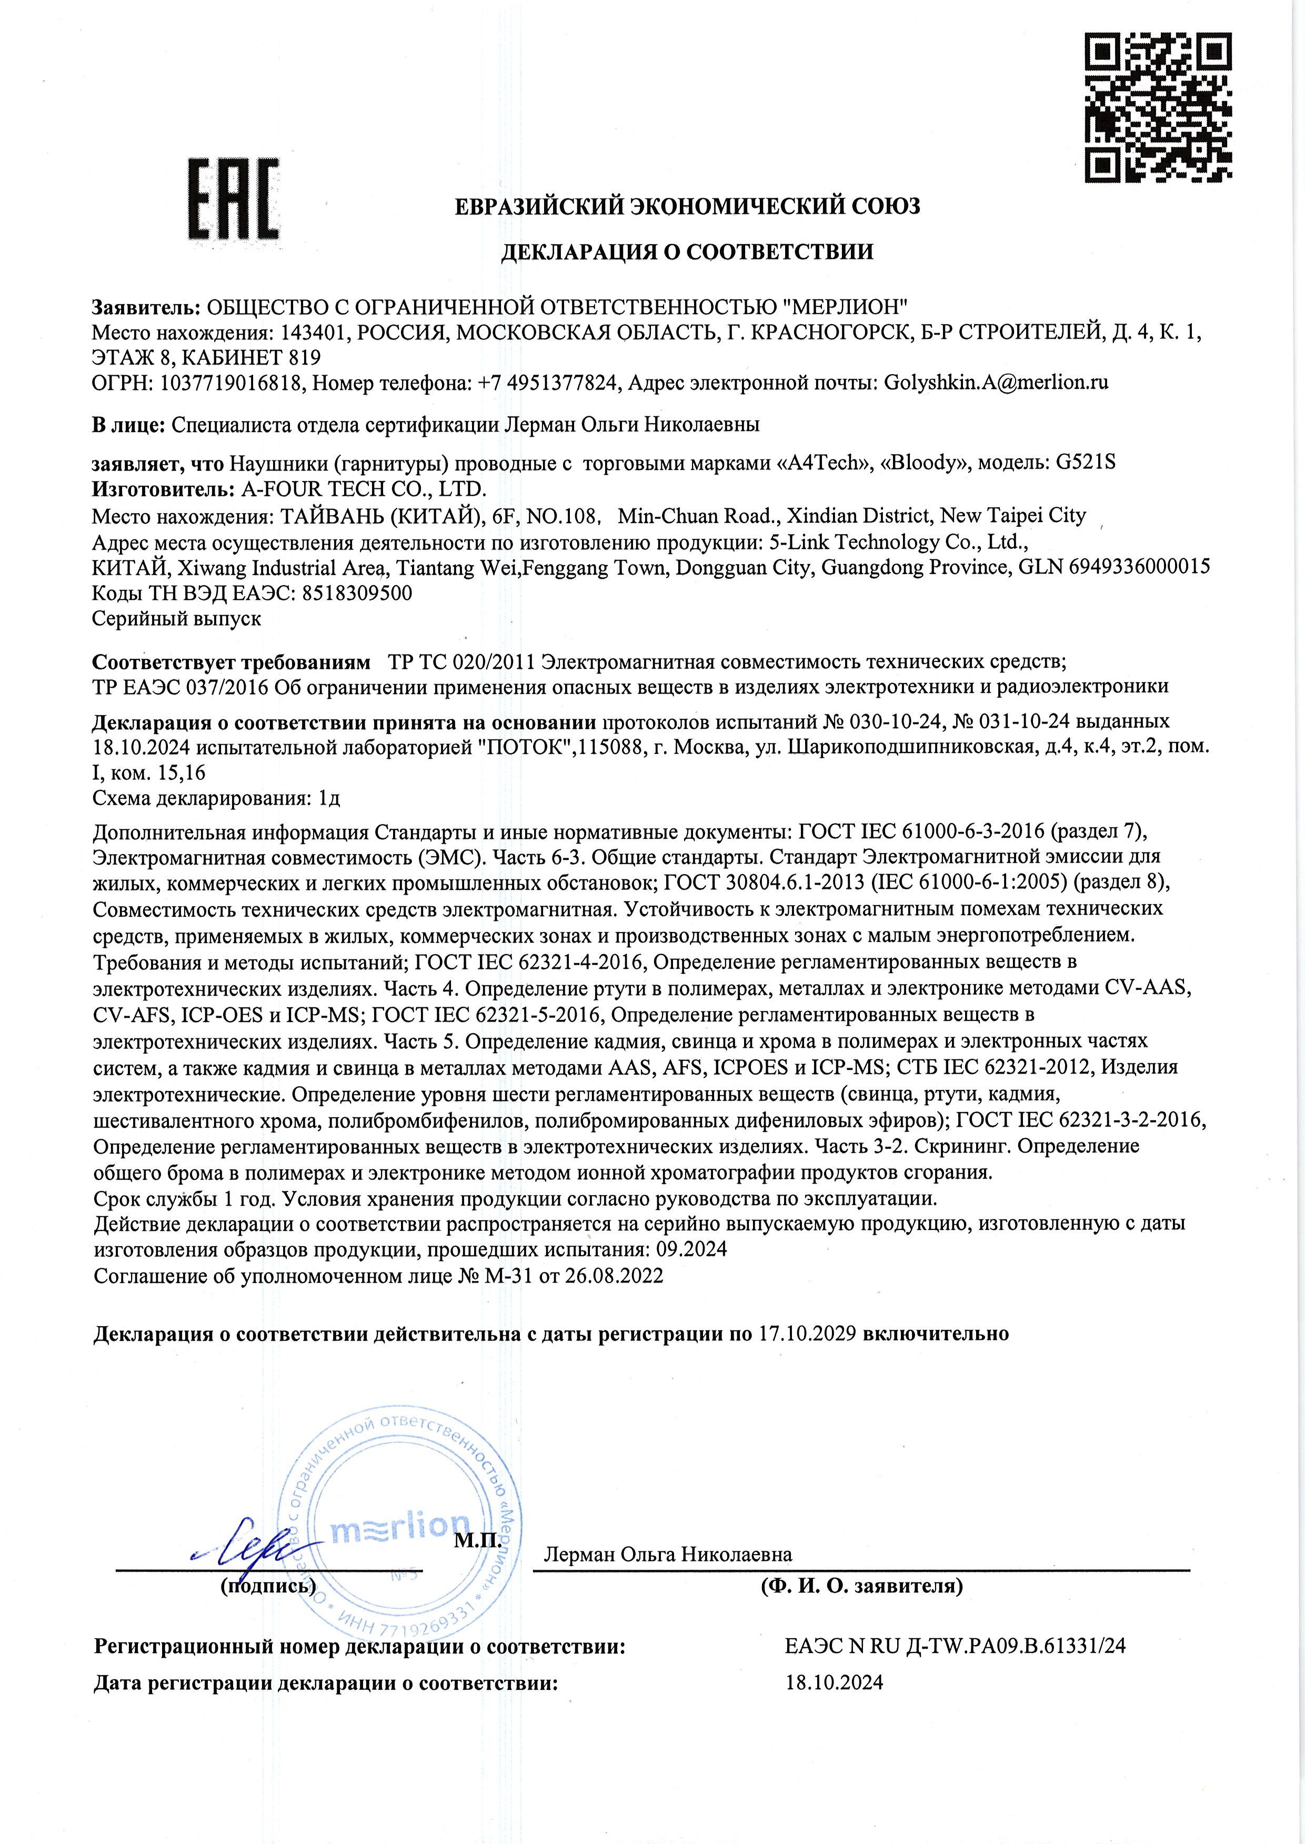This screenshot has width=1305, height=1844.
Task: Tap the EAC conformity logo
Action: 234,198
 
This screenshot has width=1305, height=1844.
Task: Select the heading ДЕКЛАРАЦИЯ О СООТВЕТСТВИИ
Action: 687,252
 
